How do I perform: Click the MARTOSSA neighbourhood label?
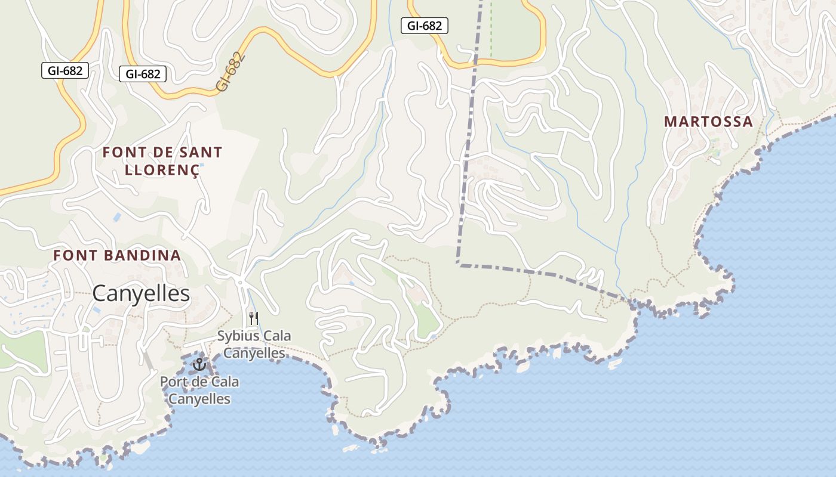click(708, 122)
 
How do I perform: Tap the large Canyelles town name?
click(141, 293)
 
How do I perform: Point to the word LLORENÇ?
click(162, 169)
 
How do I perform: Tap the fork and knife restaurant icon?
click(254, 318)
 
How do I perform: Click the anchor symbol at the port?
click(199, 364)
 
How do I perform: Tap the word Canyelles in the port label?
click(199, 399)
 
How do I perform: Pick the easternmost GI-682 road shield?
click(425, 26)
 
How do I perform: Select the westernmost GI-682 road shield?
click(65, 71)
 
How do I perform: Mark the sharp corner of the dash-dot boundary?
click(458, 264)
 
